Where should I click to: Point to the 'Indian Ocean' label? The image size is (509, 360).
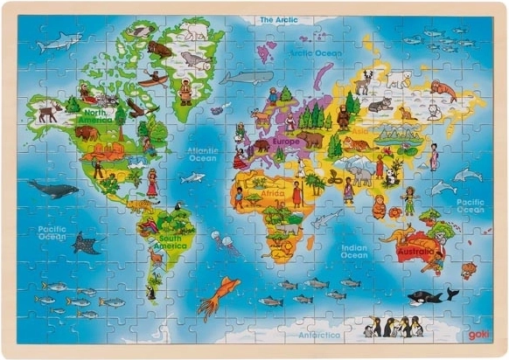[354, 252]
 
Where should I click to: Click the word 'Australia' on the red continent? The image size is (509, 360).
[415, 252]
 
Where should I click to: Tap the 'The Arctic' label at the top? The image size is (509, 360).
[278, 18]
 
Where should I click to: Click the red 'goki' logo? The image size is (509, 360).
[478, 334]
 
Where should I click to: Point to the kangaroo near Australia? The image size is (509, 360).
[398, 234]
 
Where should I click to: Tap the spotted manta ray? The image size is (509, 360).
[86, 242]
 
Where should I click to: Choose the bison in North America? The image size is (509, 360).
[87, 133]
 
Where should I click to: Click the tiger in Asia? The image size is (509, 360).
[355, 143]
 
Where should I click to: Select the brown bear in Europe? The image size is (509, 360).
[312, 139]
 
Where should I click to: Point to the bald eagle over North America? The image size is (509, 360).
[136, 107]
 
